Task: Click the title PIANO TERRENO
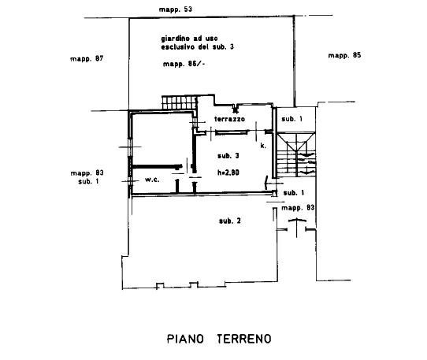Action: point(219,339)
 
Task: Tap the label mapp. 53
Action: point(176,9)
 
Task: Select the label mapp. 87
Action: point(87,59)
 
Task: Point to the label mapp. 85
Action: point(344,56)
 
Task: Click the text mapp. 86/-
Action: point(184,64)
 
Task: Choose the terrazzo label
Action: point(229,119)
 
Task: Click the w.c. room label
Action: point(152,180)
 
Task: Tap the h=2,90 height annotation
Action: point(228,173)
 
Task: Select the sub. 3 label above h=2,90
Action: point(228,156)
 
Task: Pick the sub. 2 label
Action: point(230,221)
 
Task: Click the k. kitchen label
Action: point(263,146)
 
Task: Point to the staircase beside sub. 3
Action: point(296,154)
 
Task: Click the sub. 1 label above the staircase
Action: point(292,119)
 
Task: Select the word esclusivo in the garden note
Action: point(177,47)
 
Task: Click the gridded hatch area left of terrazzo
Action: point(179,102)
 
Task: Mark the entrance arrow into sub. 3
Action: point(271,184)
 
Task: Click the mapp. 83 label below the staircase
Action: point(298,208)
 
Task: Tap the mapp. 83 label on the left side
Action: point(87,173)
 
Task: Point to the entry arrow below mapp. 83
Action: point(297,227)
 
